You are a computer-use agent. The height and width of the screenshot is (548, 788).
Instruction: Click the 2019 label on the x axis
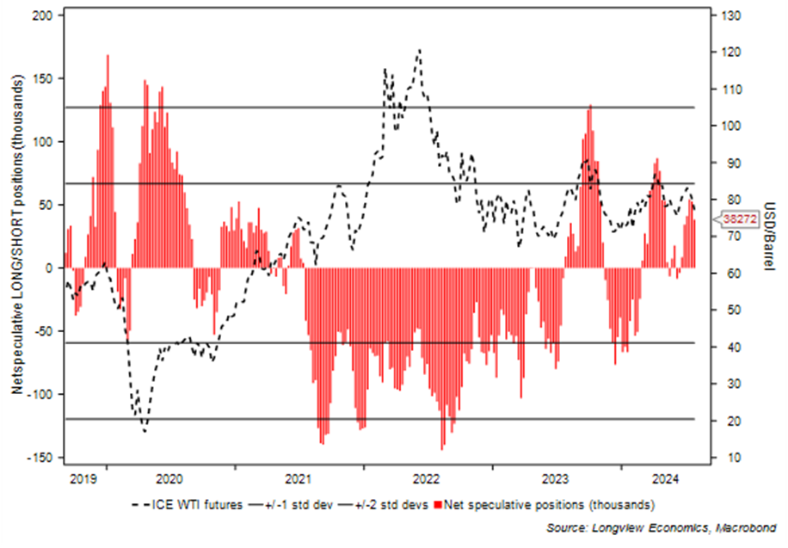coord(82,477)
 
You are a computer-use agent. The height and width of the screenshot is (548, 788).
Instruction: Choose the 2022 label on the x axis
coord(428,477)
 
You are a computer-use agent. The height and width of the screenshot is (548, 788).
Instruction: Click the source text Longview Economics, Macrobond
coord(661,526)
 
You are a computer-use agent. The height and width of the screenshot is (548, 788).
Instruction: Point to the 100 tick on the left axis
coord(43,142)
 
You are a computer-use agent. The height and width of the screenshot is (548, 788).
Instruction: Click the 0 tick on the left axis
coord(50,268)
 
